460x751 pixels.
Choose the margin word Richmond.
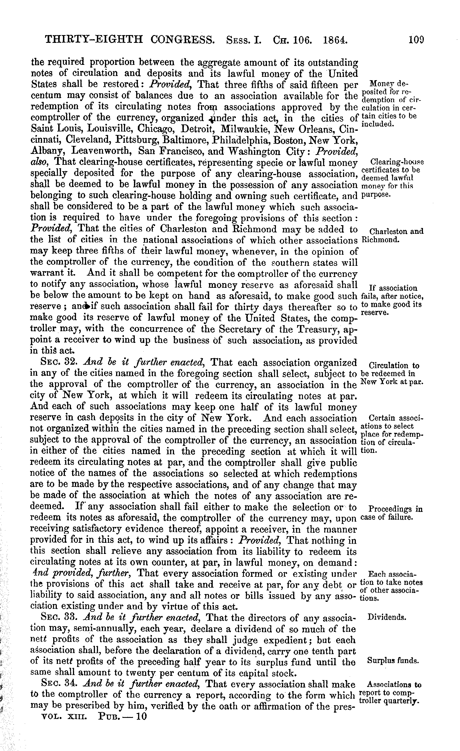coord(380,239)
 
